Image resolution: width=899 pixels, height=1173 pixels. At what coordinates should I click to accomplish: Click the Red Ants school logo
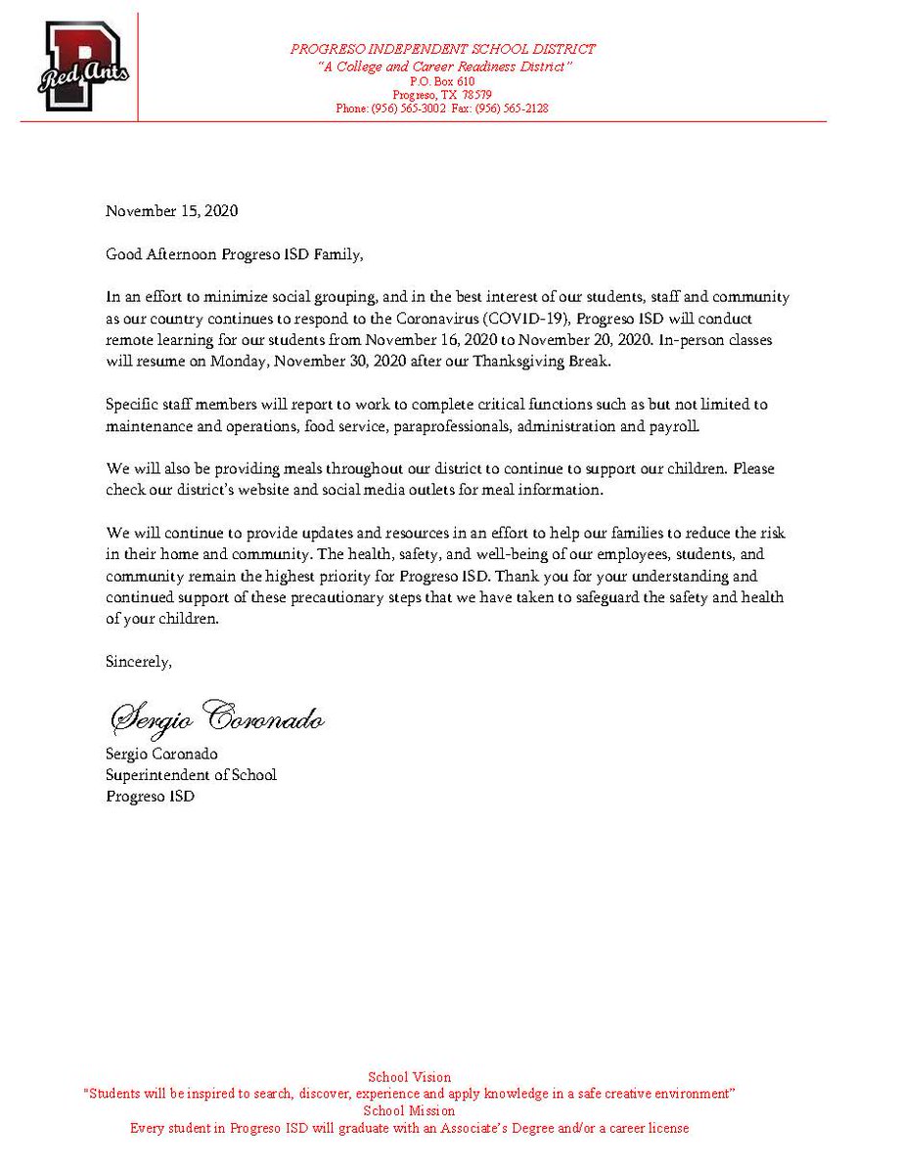[x=83, y=67]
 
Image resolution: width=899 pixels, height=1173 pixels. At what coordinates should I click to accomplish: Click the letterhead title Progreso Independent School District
[x=442, y=49]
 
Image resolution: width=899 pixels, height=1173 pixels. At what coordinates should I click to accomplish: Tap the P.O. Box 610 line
[x=442, y=81]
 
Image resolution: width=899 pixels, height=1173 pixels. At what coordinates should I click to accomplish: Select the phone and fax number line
[x=442, y=109]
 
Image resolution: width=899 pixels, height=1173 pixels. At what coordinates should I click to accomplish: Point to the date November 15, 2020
[x=172, y=210]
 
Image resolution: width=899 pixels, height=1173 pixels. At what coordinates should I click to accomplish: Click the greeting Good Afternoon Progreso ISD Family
[x=235, y=254]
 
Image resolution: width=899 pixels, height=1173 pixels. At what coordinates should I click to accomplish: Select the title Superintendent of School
[x=192, y=774]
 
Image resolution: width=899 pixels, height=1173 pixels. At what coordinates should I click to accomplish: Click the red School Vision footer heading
[x=409, y=1077]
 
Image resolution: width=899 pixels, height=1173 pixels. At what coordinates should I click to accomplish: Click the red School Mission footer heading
[x=409, y=1110]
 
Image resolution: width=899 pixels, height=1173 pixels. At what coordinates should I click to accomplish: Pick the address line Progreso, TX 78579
[x=443, y=95]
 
